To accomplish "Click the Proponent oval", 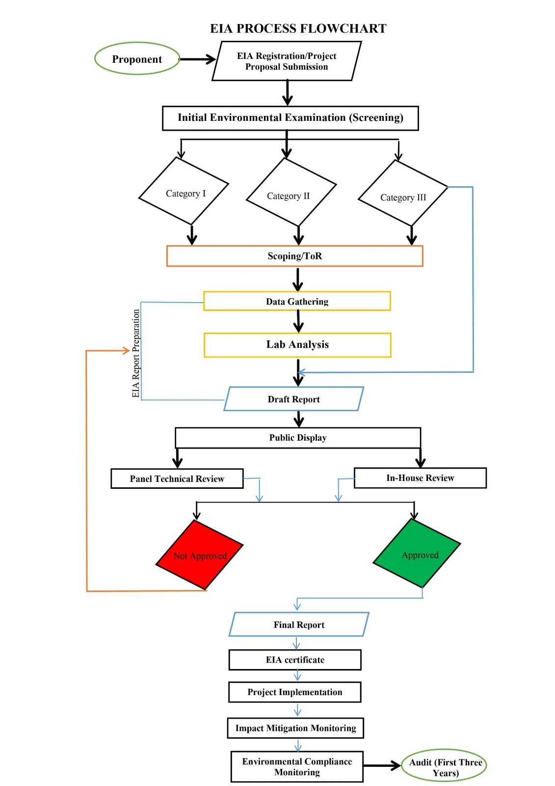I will [x=137, y=59].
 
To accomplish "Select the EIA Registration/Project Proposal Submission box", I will [x=287, y=61].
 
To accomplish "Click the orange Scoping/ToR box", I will [x=294, y=256].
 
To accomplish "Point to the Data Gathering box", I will [x=297, y=301].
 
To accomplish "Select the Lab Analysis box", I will [x=297, y=345].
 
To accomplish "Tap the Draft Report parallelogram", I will [x=293, y=399].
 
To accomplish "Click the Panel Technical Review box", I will [x=177, y=478].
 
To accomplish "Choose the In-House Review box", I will [x=420, y=477].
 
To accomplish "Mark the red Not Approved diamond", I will [x=200, y=555].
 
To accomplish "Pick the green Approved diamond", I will [x=418, y=554].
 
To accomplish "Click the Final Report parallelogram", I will [x=299, y=624].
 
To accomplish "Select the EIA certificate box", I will [x=295, y=660].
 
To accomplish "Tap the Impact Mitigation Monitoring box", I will [x=295, y=728].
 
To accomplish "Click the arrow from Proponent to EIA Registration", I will [x=197, y=59].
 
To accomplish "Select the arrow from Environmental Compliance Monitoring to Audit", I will [x=382, y=765].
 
